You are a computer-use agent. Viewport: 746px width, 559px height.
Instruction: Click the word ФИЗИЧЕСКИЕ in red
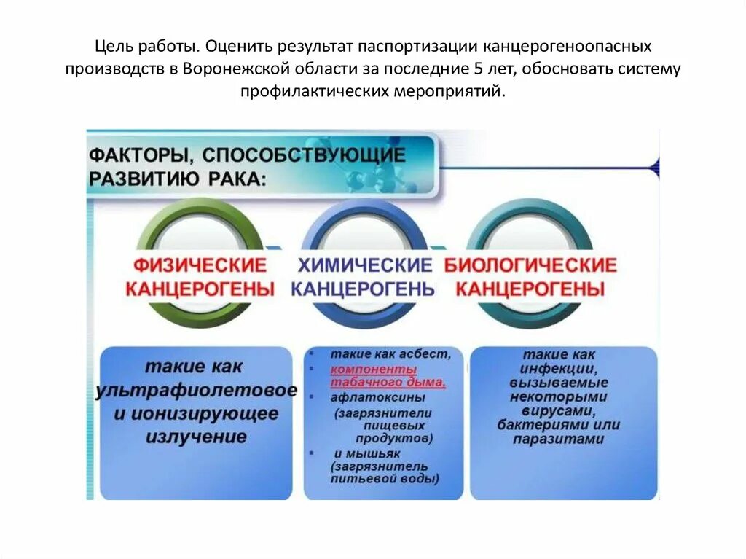tap(200, 264)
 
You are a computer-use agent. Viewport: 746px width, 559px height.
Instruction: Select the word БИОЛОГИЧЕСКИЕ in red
tap(530, 265)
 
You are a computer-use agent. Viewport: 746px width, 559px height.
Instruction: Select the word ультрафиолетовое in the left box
tap(196, 391)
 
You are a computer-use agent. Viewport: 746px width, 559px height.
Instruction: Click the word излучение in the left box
tap(196, 437)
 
